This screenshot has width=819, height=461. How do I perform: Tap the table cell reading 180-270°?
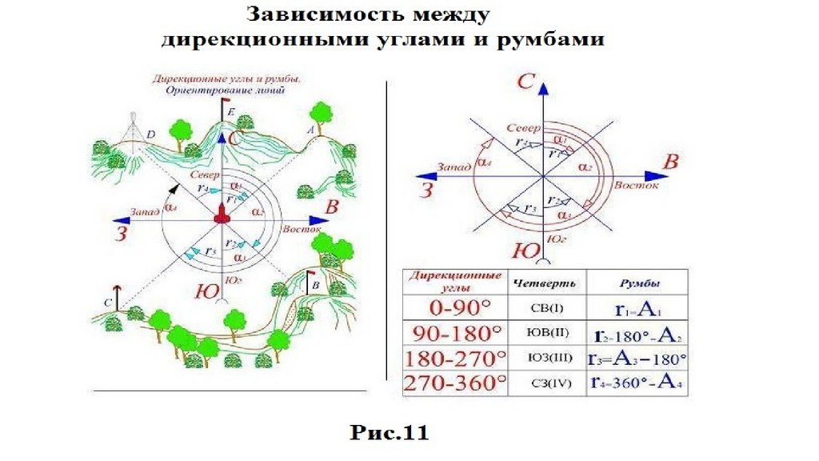coord(455,358)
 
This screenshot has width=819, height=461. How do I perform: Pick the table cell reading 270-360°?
coord(455,383)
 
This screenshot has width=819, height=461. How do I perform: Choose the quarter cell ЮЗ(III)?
coord(547,358)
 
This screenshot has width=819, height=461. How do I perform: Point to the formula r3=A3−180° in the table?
coord(637,358)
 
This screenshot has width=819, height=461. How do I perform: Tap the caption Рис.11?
coord(390,433)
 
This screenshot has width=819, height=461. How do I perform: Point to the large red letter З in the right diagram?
coord(428,190)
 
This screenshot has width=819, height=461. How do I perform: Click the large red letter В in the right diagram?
coord(672,162)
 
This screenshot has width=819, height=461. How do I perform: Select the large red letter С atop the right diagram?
coord(525,81)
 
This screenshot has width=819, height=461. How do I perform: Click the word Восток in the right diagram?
coord(637,186)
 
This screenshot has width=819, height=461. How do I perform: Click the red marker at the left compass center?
coord(222,214)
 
